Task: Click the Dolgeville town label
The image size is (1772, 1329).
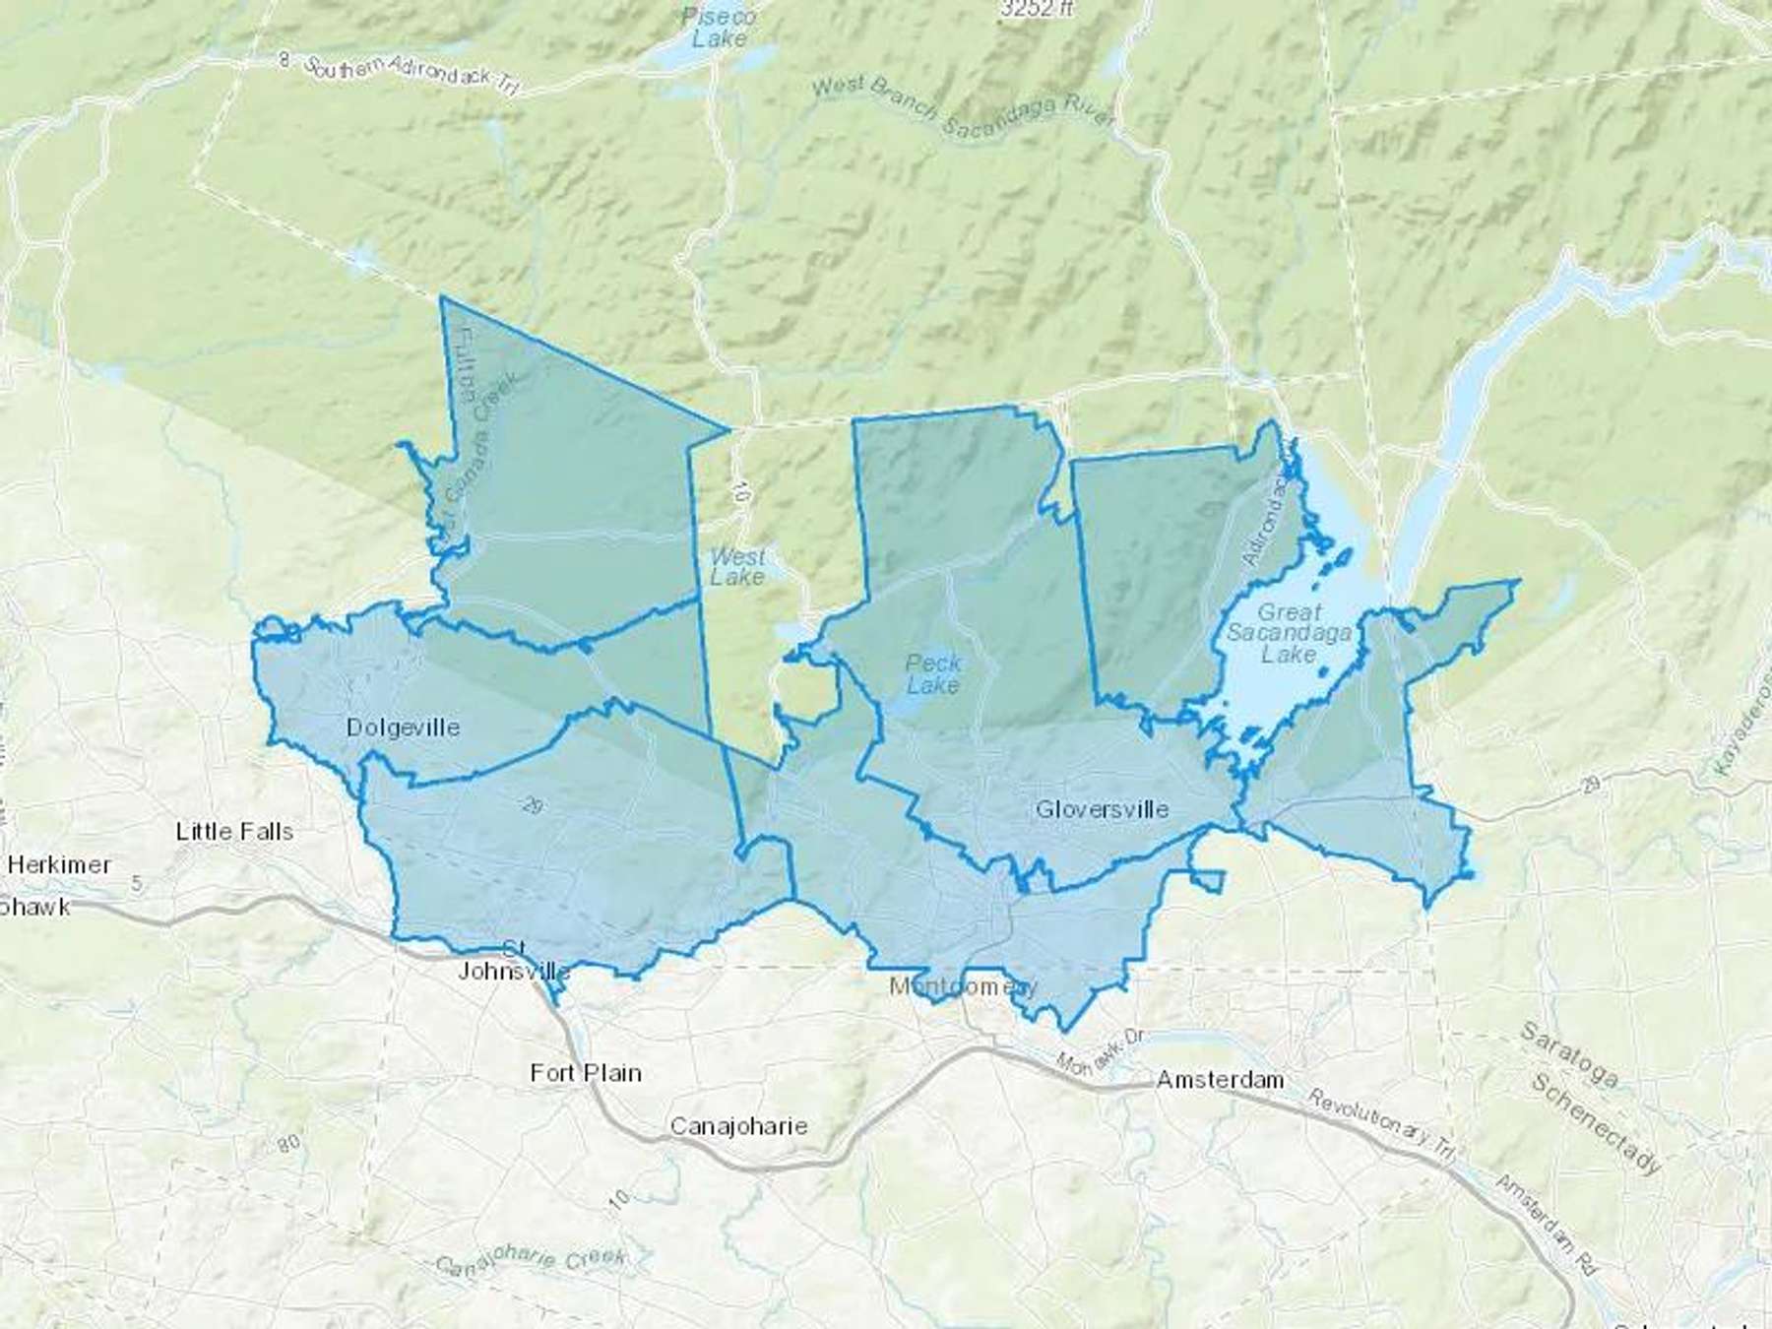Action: tap(403, 728)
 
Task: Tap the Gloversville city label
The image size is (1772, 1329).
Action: tap(1102, 809)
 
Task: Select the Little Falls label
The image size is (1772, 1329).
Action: tap(234, 832)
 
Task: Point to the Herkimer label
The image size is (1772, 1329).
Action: tap(59, 865)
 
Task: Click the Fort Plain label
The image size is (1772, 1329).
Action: tap(586, 1073)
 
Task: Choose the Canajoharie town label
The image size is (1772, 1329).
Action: tap(738, 1126)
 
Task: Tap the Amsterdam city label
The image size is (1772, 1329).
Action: tap(1220, 1080)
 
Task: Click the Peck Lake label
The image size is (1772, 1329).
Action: tap(932, 674)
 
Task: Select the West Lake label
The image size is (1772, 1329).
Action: tap(736, 567)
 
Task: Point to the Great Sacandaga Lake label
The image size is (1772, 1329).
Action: tap(1289, 633)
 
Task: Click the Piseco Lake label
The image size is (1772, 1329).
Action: tap(720, 28)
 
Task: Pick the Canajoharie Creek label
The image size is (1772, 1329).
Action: tap(531, 1261)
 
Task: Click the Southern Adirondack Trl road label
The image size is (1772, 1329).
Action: tap(410, 75)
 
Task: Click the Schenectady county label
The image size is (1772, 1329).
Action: tap(1596, 1122)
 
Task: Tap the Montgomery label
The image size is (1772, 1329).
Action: tap(963, 986)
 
